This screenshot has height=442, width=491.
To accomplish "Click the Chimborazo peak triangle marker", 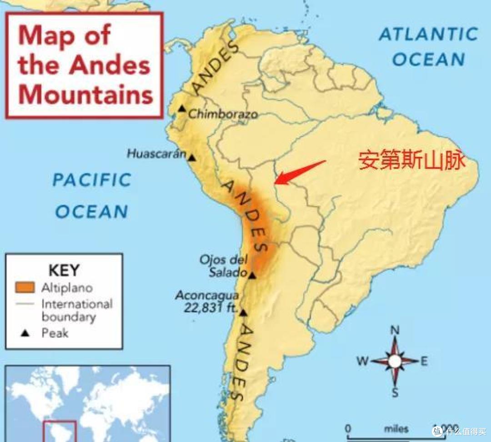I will coord(182,109).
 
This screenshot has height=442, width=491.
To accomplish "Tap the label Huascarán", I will coord(156,154).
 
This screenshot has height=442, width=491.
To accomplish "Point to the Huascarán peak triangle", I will coord(192,158).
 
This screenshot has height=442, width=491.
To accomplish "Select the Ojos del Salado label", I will coord(224,266).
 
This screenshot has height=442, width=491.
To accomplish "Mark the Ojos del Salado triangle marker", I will coord(252,275).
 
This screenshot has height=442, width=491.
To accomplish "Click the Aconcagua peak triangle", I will coord(243,312).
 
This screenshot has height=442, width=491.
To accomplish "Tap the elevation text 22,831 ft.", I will coord(211,307).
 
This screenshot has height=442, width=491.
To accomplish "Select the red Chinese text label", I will coord(412,161).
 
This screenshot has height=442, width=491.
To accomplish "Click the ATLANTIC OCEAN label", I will coord(428,46).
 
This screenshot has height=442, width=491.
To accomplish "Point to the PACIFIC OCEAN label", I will coord(92,196).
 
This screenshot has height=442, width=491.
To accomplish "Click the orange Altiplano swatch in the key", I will coord(25,287).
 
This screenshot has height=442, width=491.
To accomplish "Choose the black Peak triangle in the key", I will coord(25,333).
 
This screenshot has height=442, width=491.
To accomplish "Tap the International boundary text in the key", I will coord(76,310).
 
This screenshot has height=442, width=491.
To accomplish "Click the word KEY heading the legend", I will coord(64,270).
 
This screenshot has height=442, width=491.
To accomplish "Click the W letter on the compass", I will coord(362,362).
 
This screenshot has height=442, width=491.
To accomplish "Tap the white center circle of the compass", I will coord(395,362).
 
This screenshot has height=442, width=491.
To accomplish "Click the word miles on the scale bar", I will coord(396,429).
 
